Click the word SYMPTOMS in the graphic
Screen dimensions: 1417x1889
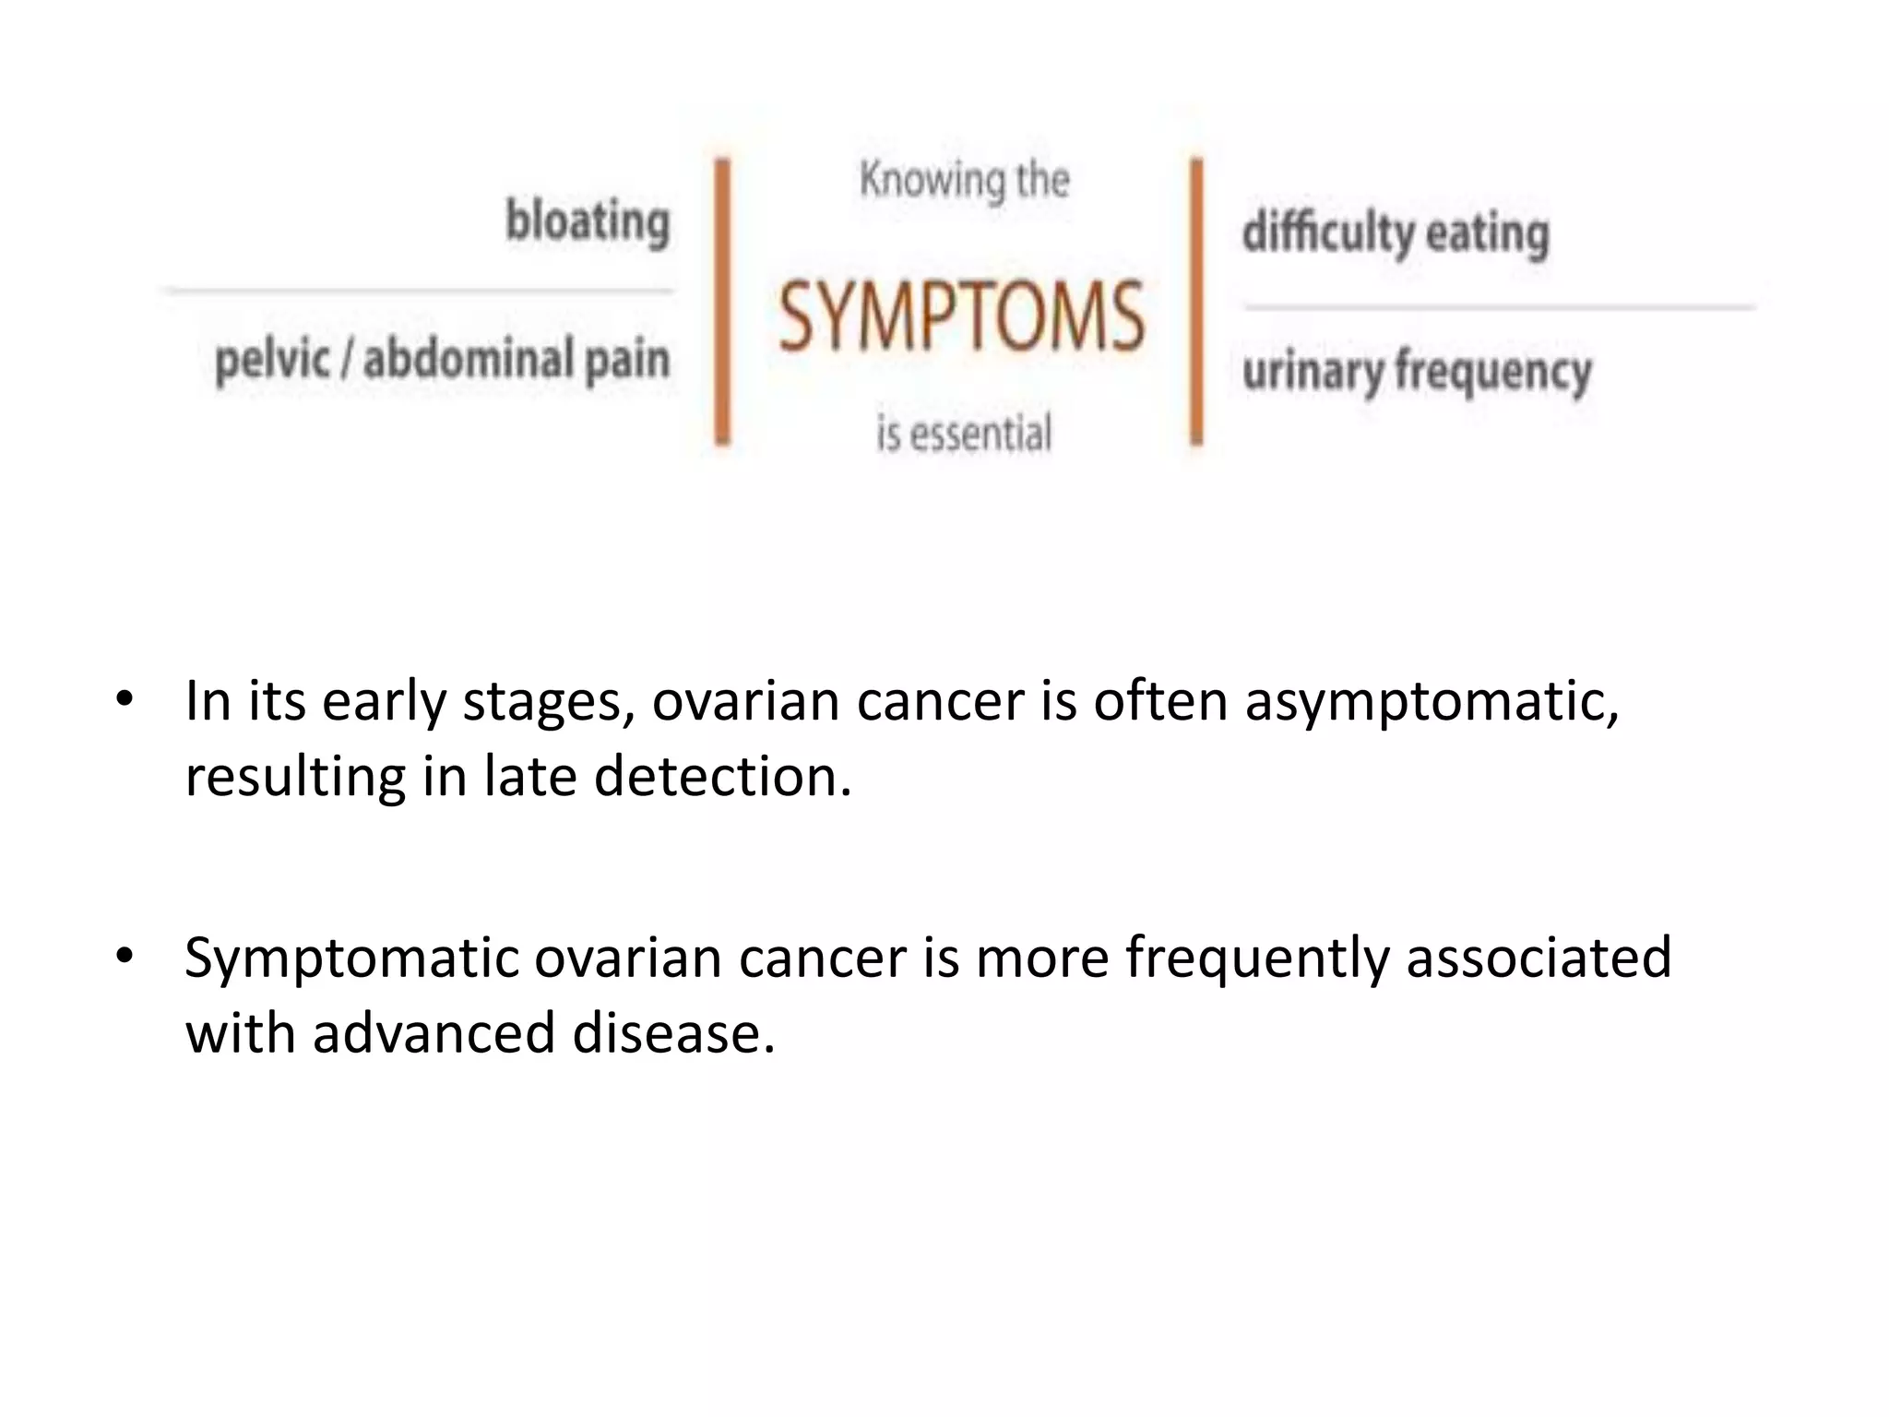[961, 318]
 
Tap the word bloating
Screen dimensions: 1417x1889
[588, 222]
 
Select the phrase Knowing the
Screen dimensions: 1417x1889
[964, 180]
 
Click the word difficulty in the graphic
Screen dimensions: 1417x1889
[1327, 232]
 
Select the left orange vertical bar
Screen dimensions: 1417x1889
[723, 302]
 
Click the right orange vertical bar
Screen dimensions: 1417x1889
[1196, 302]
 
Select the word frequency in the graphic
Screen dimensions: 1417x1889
[1493, 372]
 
